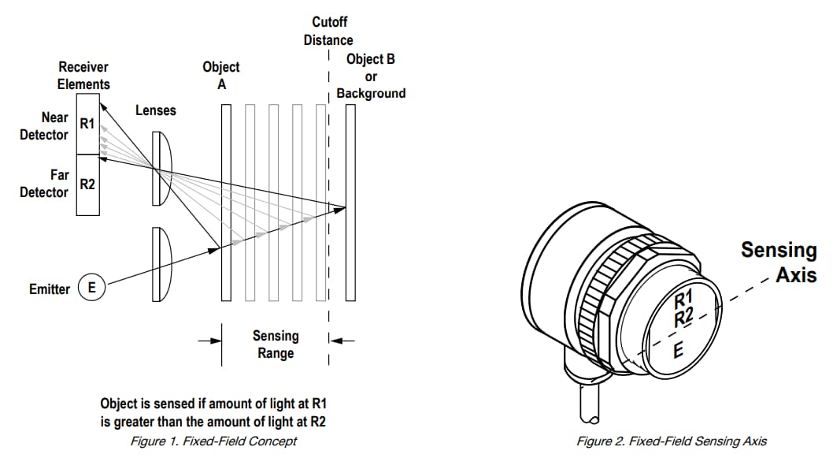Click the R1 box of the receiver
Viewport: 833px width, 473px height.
[x=87, y=124]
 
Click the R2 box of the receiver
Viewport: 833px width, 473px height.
[x=87, y=184]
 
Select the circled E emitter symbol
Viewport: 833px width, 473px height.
[x=91, y=289]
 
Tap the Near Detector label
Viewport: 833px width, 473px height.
[x=45, y=126]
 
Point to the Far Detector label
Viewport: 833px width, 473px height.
[x=45, y=184]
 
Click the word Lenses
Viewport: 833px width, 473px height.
[x=156, y=110]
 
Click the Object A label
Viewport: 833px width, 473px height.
[x=221, y=76]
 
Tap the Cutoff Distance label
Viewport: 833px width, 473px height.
[x=328, y=31]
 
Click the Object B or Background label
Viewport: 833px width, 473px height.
[x=371, y=76]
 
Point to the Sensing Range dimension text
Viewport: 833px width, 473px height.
[x=276, y=345]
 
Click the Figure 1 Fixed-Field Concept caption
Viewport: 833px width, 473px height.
[x=213, y=441]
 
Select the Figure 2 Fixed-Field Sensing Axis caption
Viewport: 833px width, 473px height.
[x=672, y=441]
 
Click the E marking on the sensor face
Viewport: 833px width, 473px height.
[x=677, y=349]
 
